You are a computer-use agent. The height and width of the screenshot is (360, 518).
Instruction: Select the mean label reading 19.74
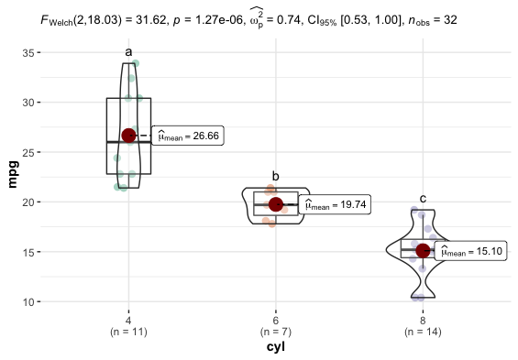tap(335, 205)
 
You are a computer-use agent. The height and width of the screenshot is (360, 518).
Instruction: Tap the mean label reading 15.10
tap(472, 251)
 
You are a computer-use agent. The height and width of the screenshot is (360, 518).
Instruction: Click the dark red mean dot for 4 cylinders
tap(128, 136)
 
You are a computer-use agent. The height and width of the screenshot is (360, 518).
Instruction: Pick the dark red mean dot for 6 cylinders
tap(276, 204)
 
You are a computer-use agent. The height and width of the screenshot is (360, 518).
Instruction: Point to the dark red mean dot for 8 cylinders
tap(423, 251)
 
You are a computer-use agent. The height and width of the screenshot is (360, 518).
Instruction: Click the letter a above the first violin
tap(128, 51)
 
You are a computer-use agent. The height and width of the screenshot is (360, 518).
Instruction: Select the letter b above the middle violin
tap(275, 176)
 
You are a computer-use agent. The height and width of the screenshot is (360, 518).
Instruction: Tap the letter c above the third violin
tap(423, 198)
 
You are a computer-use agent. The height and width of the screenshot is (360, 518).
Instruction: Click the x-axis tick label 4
tap(128, 320)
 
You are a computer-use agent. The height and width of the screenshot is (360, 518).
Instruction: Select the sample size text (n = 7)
tap(275, 332)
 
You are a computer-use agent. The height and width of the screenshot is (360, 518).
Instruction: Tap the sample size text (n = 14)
tap(423, 332)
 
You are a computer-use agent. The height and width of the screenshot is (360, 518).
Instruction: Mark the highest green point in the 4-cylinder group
tap(135, 64)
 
